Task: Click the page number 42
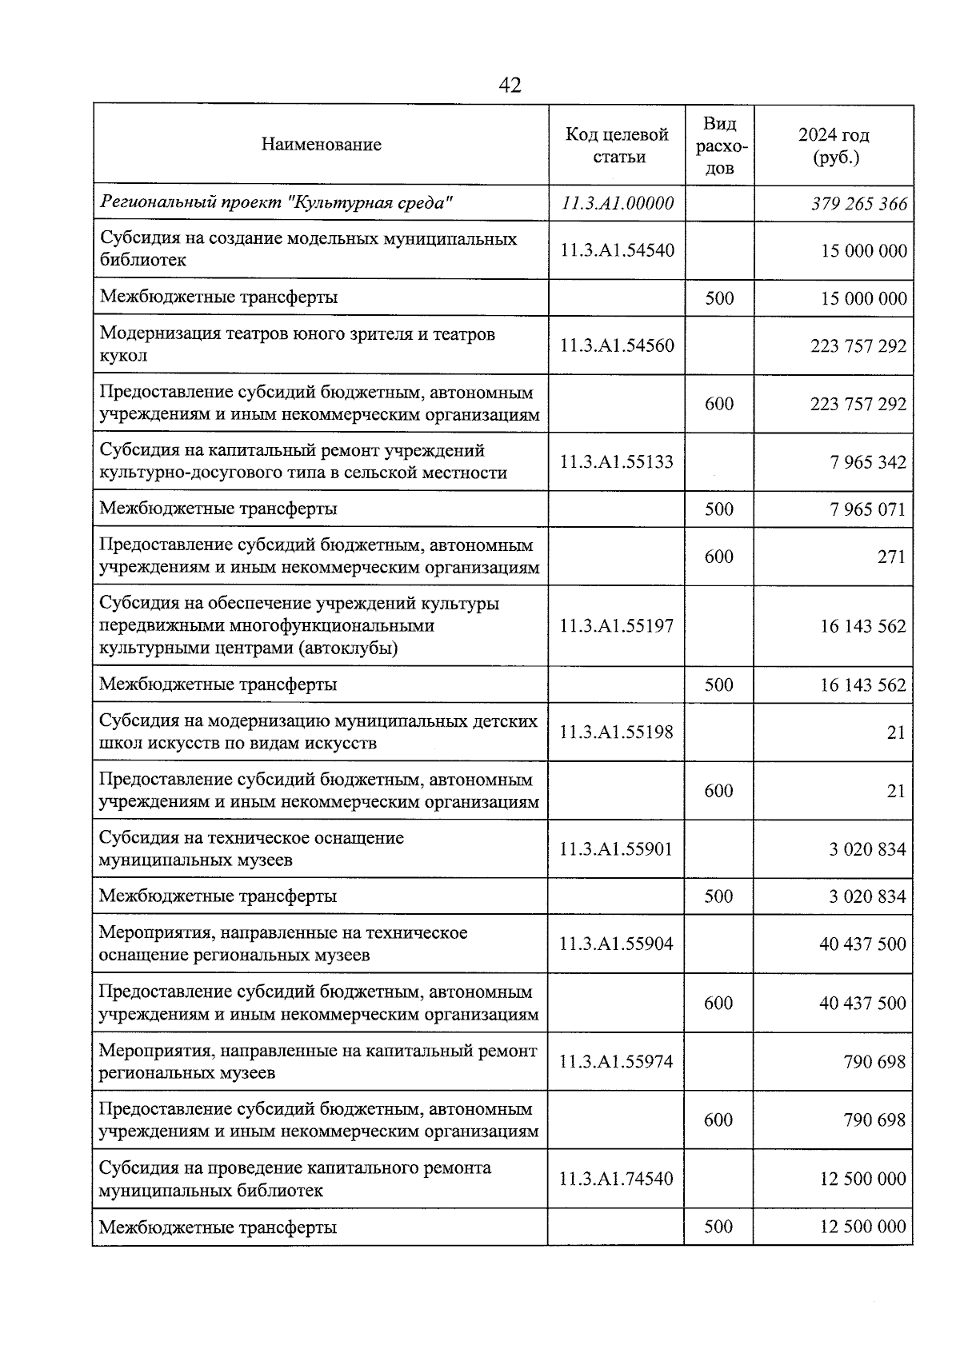[x=510, y=85]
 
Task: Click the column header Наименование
[x=321, y=145]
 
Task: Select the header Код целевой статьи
[x=617, y=146]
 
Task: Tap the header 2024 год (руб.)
[x=834, y=146]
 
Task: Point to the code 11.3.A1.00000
[x=617, y=203]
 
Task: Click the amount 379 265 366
[x=859, y=204]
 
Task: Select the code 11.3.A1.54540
[x=617, y=250]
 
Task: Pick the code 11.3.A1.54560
[x=617, y=345]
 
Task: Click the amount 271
[x=891, y=557]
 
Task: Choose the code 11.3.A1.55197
[x=617, y=626]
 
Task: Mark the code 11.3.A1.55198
[x=617, y=732]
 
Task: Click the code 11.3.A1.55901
[x=617, y=849]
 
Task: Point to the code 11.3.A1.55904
[x=617, y=944]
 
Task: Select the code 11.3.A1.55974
[x=617, y=1062]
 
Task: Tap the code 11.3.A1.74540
[x=617, y=1179]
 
